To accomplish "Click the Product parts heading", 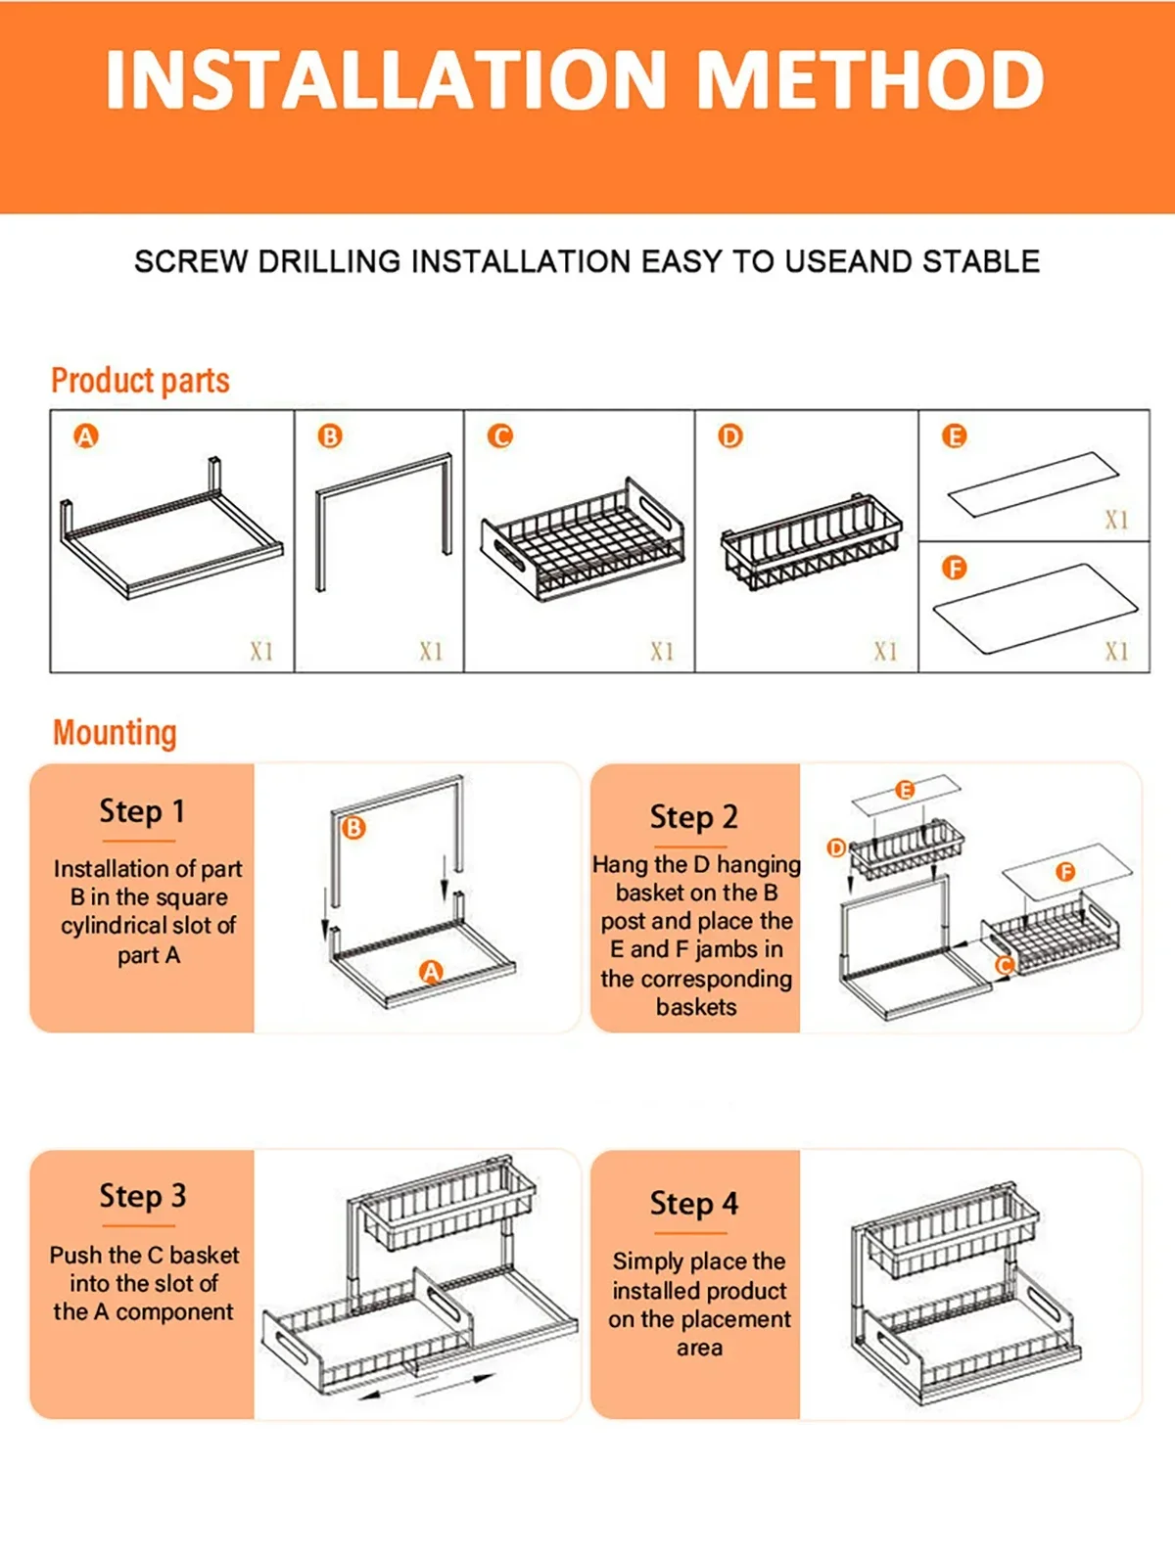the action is click(140, 381).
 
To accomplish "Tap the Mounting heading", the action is click(115, 732).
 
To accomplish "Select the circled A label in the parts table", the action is click(86, 436).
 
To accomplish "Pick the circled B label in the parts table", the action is click(330, 436).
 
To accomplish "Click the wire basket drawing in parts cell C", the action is click(583, 540).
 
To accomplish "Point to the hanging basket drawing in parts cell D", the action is click(811, 542).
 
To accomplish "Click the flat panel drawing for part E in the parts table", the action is click(1034, 483).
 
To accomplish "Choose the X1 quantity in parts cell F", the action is click(1116, 652).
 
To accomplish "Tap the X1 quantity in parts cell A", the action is click(261, 652).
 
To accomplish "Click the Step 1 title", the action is click(142, 811).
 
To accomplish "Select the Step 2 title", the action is click(693, 817).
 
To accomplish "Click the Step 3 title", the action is click(143, 1196).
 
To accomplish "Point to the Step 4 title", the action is click(694, 1204).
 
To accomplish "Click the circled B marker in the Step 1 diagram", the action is click(353, 827).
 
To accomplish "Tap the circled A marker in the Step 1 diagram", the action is click(431, 972).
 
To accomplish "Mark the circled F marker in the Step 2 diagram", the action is click(1065, 871).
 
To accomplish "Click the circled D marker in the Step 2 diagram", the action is click(837, 848).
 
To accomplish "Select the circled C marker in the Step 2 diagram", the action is click(1005, 965).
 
